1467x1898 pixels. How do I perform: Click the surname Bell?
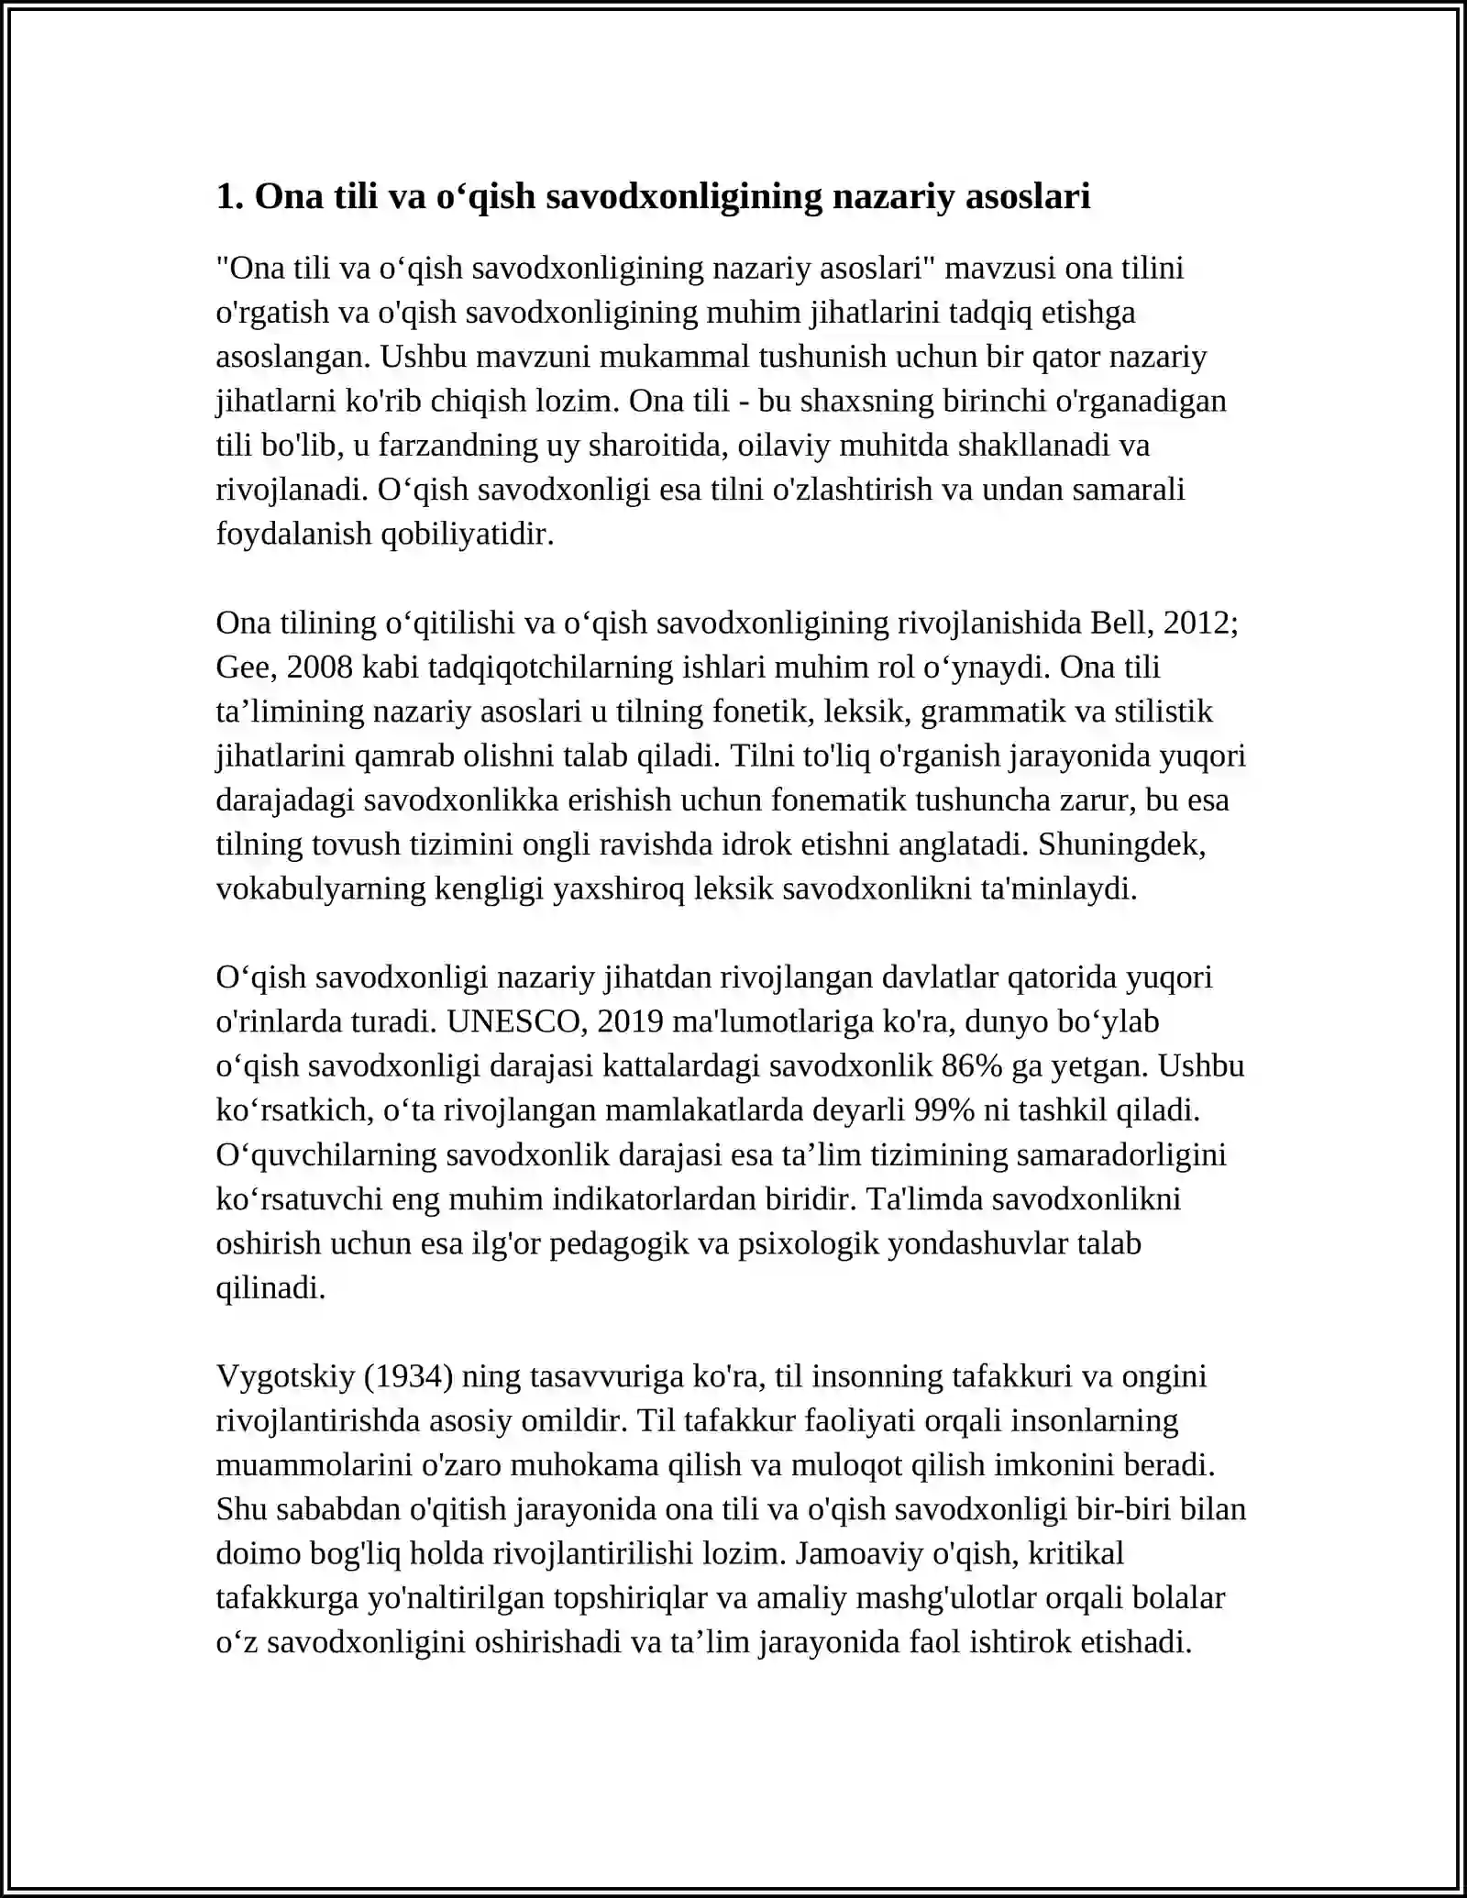[1119, 623]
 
